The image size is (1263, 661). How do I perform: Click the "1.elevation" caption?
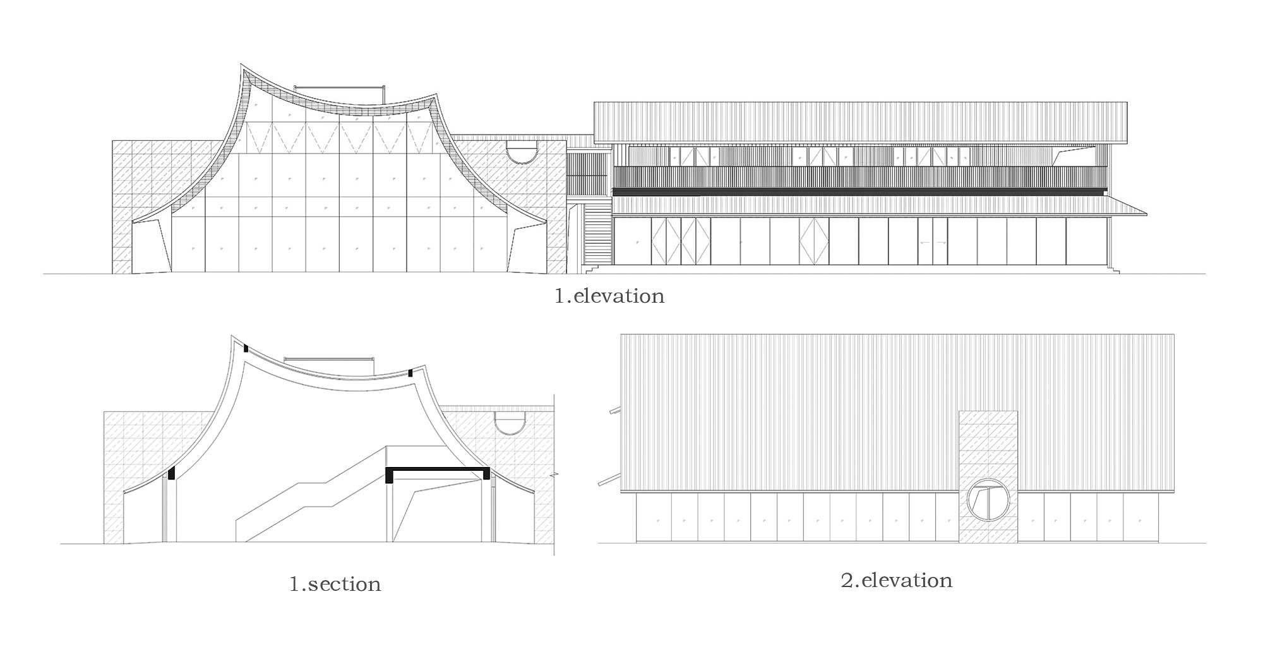609,296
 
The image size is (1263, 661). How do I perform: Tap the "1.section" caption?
335,584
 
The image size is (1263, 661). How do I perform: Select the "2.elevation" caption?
896,580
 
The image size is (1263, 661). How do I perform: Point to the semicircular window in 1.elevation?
522,153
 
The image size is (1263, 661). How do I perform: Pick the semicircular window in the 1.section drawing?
510,424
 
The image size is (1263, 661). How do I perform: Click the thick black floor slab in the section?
438,471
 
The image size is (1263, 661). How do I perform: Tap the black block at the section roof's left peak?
246,348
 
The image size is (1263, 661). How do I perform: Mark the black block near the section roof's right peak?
410,373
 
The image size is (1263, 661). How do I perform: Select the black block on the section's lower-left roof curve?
171,473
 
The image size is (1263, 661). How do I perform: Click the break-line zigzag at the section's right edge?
553,473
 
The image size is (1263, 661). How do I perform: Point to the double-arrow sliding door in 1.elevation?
933,242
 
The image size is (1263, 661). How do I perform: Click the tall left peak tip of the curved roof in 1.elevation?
241,64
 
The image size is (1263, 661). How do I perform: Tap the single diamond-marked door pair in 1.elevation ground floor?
813,241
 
